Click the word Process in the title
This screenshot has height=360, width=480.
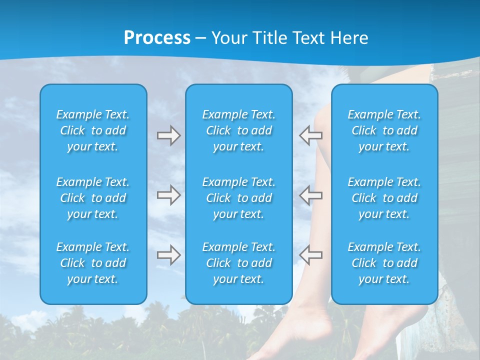pyautogui.click(x=157, y=37)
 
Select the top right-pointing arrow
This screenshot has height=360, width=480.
pyautogui.click(x=169, y=135)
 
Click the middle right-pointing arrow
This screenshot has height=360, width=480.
pyautogui.click(x=169, y=195)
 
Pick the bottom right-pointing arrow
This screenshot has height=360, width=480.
pyautogui.click(x=169, y=255)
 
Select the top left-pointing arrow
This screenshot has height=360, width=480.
pyautogui.click(x=310, y=135)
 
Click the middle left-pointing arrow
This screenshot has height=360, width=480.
pyautogui.click(x=310, y=195)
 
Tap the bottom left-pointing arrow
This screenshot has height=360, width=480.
pyautogui.click(x=310, y=255)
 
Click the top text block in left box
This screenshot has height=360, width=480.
pyautogui.click(x=93, y=130)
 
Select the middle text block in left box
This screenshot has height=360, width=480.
pyautogui.click(x=93, y=198)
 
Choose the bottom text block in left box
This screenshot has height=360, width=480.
pyautogui.click(x=93, y=263)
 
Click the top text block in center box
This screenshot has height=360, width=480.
pyautogui.click(x=238, y=130)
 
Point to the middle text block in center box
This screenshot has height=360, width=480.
pyautogui.click(x=238, y=198)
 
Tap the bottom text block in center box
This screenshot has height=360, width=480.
pyautogui.click(x=238, y=263)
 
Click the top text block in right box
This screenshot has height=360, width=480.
pyautogui.click(x=384, y=130)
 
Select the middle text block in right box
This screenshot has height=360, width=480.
pyautogui.click(x=384, y=198)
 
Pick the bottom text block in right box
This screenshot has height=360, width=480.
pyautogui.click(x=384, y=263)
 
